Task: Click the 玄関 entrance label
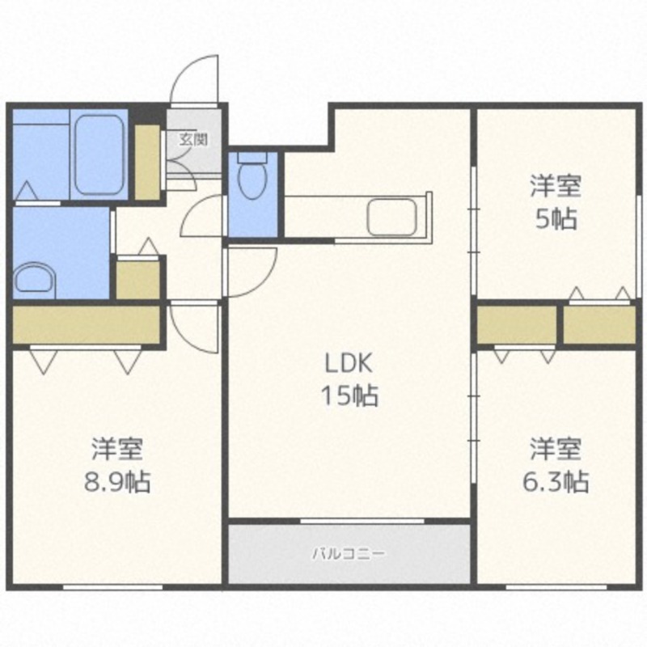point(193,140)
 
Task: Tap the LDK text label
point(349,363)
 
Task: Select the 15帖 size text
point(349,395)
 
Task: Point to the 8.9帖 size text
point(117,481)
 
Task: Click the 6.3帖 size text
point(556,481)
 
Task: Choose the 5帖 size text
point(556,218)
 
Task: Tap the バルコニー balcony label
point(349,553)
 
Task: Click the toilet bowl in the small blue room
point(252,176)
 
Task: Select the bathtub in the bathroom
point(99,154)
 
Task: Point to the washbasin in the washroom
point(34,279)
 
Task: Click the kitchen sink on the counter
point(392,217)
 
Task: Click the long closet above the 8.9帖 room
point(87,324)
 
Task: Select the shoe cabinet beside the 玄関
point(147,163)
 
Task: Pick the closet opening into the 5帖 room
point(598,324)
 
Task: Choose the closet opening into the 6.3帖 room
point(517,324)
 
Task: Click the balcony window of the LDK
point(362,521)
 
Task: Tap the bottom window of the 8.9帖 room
point(112,587)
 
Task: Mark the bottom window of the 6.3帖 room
point(556,587)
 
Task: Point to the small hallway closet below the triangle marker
point(137,280)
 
